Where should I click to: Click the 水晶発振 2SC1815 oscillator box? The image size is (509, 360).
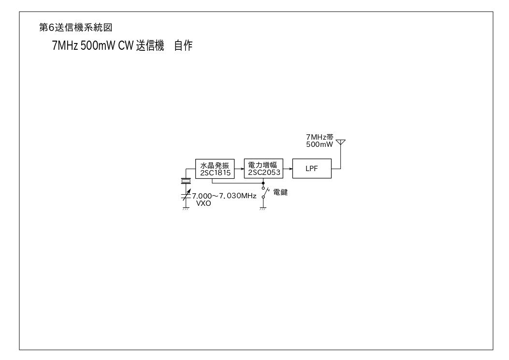tap(213, 168)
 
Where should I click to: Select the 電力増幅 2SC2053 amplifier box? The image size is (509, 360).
tap(263, 168)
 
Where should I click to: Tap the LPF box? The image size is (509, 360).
tap(312, 168)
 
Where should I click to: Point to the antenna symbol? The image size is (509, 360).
tap(340, 143)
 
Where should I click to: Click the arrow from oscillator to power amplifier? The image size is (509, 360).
tap(237, 168)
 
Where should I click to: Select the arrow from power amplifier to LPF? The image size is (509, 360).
tap(288, 168)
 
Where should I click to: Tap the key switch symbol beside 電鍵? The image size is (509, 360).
tap(264, 193)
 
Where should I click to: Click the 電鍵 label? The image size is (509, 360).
tap(280, 192)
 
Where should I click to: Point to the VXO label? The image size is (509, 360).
tap(204, 203)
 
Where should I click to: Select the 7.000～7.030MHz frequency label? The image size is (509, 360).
tap(224, 196)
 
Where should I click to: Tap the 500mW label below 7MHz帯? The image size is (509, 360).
tap(320, 144)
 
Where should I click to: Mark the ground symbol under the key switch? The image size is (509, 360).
tap(263, 209)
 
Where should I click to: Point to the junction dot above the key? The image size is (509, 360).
tap(263, 183)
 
